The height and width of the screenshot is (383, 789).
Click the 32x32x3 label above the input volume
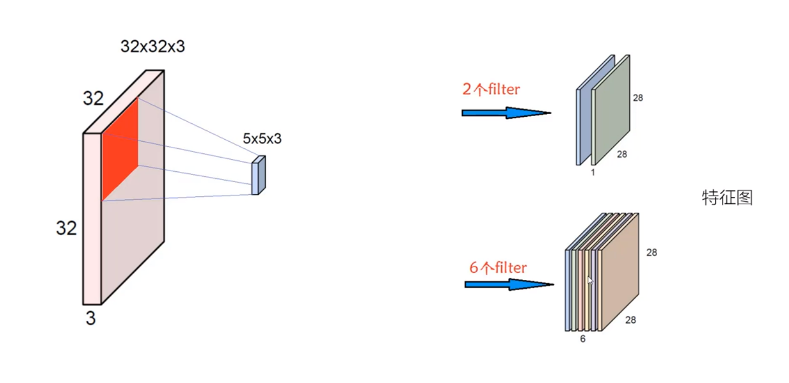153,47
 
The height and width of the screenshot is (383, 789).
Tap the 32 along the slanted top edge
93,99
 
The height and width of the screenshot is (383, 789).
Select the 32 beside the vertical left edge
66,228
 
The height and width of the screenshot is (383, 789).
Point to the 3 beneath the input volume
90,318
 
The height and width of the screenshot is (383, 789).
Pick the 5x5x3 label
262,139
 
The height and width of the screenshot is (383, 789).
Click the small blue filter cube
258,176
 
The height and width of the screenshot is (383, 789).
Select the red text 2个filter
491,89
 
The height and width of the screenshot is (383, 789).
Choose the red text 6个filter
498,268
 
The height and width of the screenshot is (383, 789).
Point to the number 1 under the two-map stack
592,172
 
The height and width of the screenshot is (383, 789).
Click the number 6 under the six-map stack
582,339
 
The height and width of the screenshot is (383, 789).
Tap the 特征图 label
727,198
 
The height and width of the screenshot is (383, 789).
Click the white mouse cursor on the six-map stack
590,280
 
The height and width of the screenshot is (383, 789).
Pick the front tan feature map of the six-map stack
621,273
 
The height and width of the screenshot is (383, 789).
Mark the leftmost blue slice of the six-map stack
568,289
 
